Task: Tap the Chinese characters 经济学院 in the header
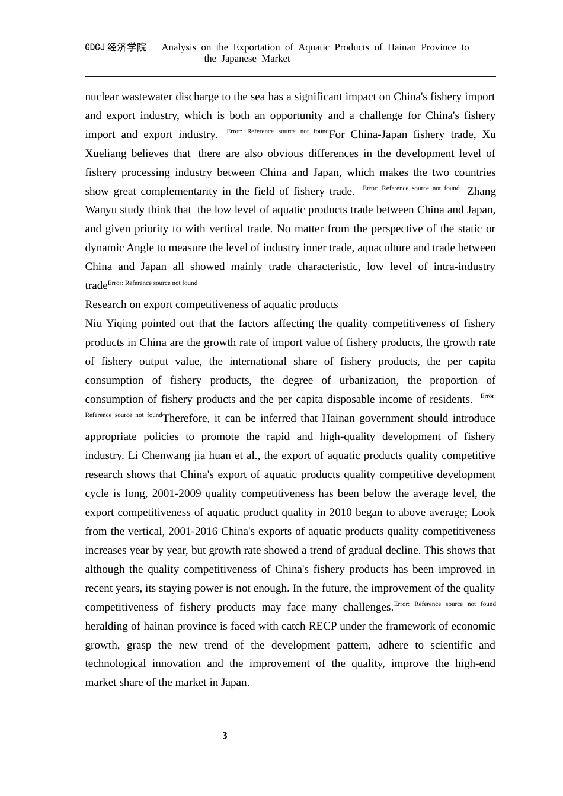(127, 47)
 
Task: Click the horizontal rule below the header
(290, 76)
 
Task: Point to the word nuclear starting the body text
(101, 97)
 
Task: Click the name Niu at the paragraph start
(93, 323)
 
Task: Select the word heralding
(108, 626)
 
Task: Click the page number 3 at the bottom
(225, 736)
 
